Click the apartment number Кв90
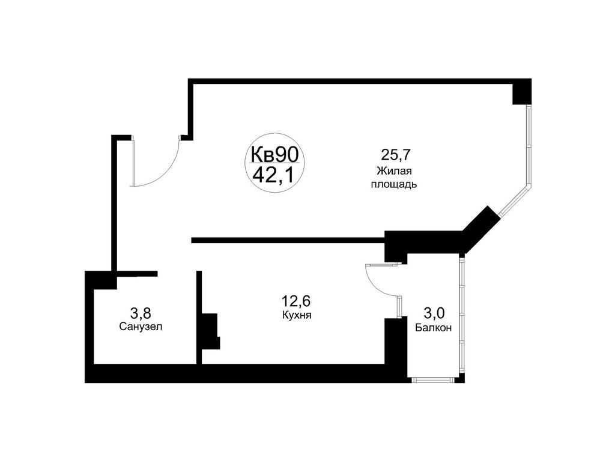pos(274,154)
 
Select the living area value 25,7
pos(393,155)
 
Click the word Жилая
pos(393,171)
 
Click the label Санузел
pos(141,327)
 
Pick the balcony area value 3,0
pos(434,313)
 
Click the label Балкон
pos(433,328)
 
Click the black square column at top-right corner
pos(522,92)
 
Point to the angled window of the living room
pos(512,200)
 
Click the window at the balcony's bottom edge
pos(434,379)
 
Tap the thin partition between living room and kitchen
pos(288,241)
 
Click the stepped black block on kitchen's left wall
pos(210,330)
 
